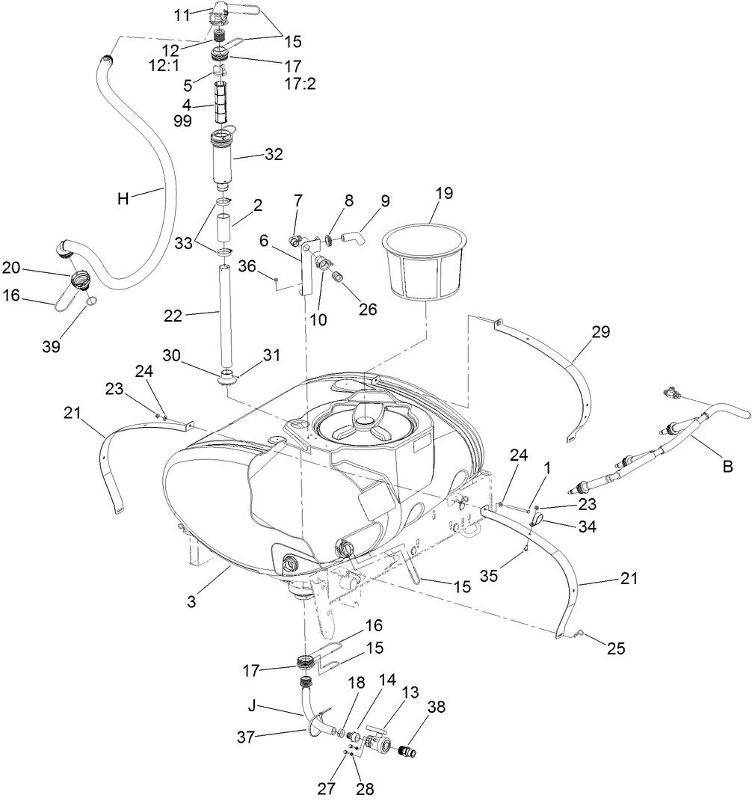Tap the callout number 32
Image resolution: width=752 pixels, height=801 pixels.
[274, 156]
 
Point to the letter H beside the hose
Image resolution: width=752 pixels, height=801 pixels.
[125, 198]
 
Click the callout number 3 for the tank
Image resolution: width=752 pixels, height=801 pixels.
[191, 601]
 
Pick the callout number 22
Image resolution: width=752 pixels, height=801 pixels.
[173, 317]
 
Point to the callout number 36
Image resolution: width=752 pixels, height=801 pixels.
[248, 266]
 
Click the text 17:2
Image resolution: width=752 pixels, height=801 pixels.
[300, 83]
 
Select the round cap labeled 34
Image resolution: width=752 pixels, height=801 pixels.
[539, 519]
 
